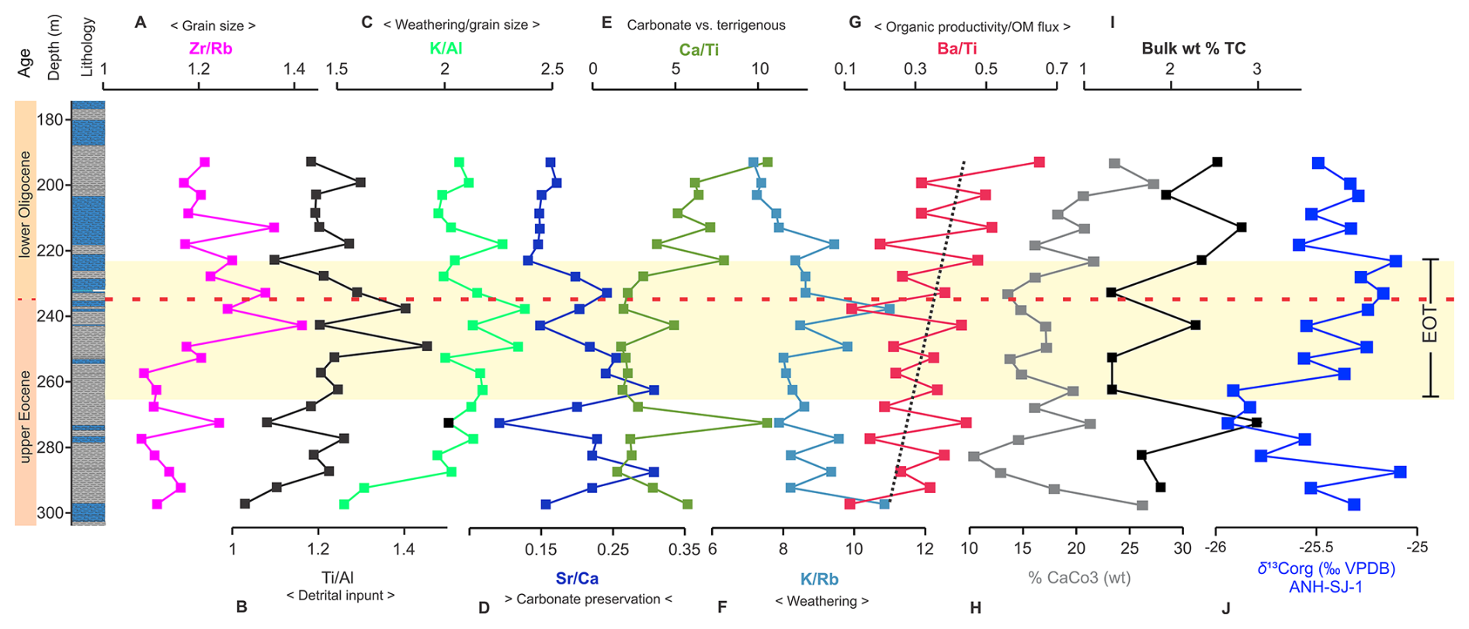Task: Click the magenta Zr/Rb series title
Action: pyautogui.click(x=210, y=48)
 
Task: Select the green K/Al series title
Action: pyautogui.click(x=446, y=48)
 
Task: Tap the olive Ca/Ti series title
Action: pyautogui.click(x=699, y=50)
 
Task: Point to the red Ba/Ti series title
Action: pyautogui.click(x=957, y=48)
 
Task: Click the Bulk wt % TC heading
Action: pyautogui.click(x=1193, y=48)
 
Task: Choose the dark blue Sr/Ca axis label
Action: pyautogui.click(x=577, y=579)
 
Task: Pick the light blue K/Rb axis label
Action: pyautogui.click(x=819, y=579)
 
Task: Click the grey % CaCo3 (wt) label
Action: pyautogui.click(x=1079, y=578)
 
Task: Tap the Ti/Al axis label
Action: pyautogui.click(x=338, y=577)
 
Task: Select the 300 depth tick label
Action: pyautogui.click(x=50, y=513)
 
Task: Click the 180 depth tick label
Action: pyautogui.click(x=50, y=120)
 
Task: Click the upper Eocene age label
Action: pyautogui.click(x=25, y=416)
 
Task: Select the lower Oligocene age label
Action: pyautogui.click(x=25, y=204)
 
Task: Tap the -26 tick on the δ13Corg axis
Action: pyautogui.click(x=1215, y=547)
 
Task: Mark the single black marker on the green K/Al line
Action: pyautogui.click(x=449, y=422)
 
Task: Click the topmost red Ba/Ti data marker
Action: pyautogui.click(x=1039, y=162)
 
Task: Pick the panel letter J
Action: pyautogui.click(x=1226, y=608)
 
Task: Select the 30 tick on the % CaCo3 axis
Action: pyautogui.click(x=1182, y=548)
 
